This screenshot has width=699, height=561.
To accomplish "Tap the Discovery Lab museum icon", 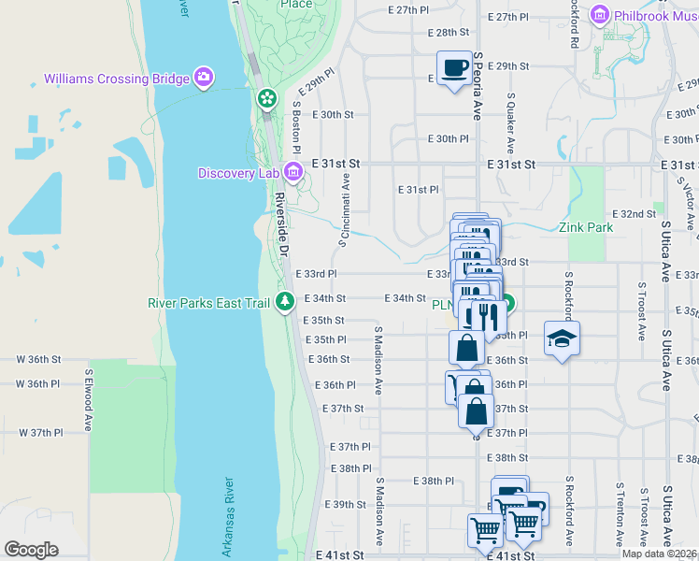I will click(292, 171).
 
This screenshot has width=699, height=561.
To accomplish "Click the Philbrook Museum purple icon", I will click(599, 15).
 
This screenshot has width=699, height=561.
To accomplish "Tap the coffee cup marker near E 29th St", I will click(455, 68).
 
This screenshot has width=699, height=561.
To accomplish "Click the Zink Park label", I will click(586, 227).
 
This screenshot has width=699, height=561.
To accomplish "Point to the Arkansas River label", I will click(227, 513).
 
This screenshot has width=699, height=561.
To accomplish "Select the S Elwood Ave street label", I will click(88, 399).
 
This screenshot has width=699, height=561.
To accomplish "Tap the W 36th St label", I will click(38, 359).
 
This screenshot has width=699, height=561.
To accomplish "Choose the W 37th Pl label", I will click(40, 433).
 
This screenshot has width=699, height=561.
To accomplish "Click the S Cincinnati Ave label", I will click(345, 209).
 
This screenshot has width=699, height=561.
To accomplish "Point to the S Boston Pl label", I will click(296, 127).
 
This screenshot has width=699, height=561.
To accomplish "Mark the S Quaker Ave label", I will click(511, 122).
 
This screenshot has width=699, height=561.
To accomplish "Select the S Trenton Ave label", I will click(619, 514).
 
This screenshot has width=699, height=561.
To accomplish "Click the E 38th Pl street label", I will click(433, 481).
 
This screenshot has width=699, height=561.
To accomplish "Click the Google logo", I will click(31, 550).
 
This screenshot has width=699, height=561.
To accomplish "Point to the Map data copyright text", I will click(659, 554).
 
